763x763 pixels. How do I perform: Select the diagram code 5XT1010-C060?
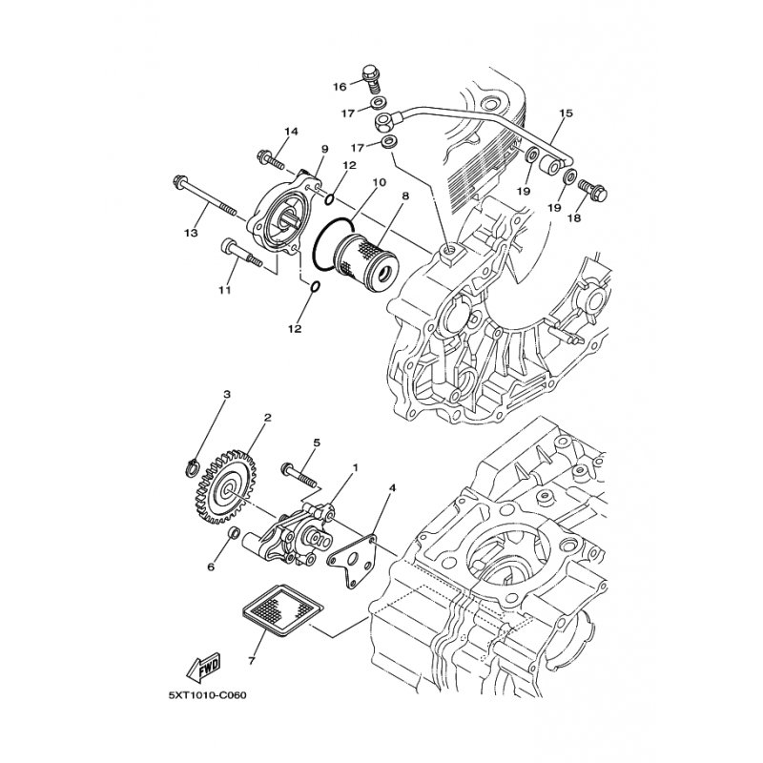point(208,695)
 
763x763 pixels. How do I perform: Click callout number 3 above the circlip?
point(227,394)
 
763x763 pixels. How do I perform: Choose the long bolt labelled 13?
point(204,197)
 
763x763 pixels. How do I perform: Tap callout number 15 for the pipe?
point(566,113)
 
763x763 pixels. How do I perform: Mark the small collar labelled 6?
point(235,534)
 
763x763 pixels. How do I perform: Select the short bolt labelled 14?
point(271,160)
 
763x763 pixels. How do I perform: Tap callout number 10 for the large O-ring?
point(379,182)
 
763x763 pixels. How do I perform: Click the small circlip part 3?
point(193,466)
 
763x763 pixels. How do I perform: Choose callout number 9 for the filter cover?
point(324,149)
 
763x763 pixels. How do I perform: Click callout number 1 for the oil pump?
point(355,467)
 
